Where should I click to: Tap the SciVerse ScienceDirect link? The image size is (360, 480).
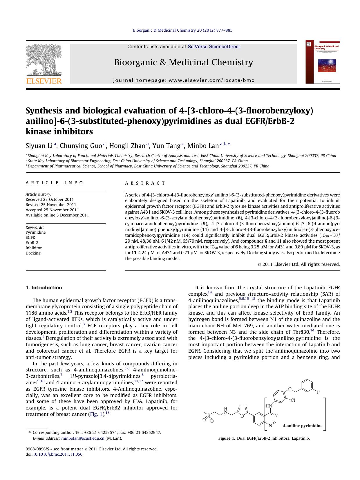[x=214, y=46]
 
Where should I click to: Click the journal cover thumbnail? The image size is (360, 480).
[x=323, y=62]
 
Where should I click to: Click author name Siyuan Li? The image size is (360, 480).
[x=39, y=146]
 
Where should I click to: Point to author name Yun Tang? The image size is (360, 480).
[x=166, y=146]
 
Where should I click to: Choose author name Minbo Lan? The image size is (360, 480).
[x=203, y=146]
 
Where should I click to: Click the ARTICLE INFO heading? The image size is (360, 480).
[x=55, y=183]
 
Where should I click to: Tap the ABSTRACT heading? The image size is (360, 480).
[x=145, y=183]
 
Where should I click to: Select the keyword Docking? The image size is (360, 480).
[x=33, y=253]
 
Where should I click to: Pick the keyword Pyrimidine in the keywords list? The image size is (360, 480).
[x=36, y=232]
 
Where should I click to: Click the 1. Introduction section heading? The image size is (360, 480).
[x=44, y=288]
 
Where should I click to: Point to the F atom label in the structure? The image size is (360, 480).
[x=318, y=392]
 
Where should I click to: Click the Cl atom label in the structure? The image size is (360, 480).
[x=293, y=400]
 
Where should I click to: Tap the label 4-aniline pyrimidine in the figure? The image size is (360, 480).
[x=302, y=426]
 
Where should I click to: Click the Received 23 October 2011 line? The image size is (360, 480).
[x=50, y=199]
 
